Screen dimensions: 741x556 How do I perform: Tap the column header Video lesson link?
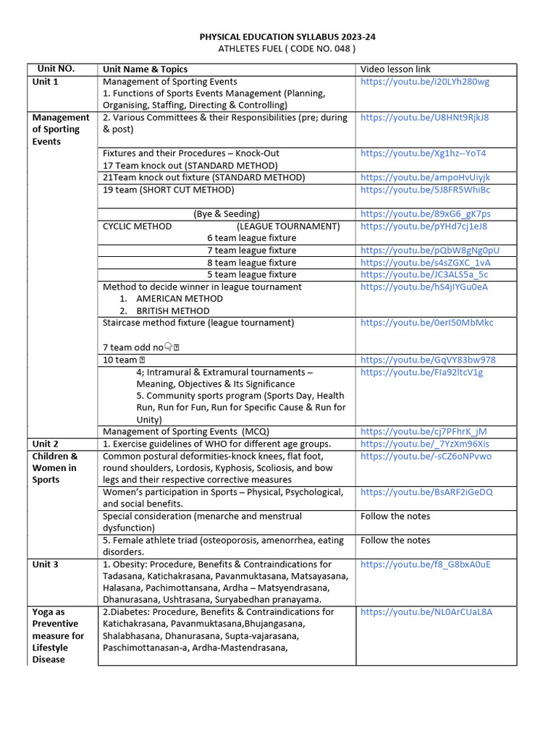click(395, 69)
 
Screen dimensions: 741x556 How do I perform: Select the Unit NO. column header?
click(56, 69)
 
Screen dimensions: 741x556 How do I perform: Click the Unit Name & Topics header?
click(145, 69)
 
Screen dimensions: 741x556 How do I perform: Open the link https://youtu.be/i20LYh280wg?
click(425, 82)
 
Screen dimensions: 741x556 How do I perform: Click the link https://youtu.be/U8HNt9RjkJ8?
click(424, 117)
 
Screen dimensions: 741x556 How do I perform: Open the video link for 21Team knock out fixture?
click(425, 178)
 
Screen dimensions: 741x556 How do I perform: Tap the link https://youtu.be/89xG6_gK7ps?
click(425, 214)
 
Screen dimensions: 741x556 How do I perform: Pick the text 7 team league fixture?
click(251, 250)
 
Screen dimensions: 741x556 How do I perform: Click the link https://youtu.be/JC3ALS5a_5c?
click(424, 275)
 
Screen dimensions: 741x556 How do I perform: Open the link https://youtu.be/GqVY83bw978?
click(428, 360)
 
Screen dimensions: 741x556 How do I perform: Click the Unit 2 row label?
click(46, 444)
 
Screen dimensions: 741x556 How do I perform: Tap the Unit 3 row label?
click(46, 564)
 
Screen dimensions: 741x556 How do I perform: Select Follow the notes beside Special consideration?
click(395, 517)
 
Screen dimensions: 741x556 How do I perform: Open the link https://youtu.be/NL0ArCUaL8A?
click(426, 612)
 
